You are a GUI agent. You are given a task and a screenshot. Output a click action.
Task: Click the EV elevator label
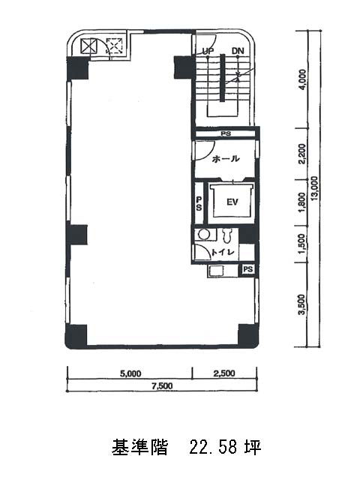[x=232, y=202]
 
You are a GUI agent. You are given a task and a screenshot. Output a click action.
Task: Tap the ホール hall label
[x=226, y=158]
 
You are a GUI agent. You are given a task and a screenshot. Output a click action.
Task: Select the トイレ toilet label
[x=223, y=253]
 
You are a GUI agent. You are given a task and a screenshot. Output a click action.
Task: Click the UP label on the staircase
[x=208, y=51]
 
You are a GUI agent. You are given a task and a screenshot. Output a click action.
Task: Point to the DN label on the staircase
[x=238, y=51]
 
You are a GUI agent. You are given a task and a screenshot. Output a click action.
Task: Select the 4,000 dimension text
[x=302, y=79]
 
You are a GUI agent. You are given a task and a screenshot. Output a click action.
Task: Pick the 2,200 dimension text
[x=302, y=154]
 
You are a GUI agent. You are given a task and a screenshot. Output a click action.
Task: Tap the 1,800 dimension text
[x=302, y=202]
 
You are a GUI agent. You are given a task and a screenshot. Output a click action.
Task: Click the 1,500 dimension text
[x=302, y=244]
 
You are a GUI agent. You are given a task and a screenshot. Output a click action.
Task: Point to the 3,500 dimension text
[x=302, y=304]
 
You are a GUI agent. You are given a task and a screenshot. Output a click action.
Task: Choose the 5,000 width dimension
[x=130, y=373]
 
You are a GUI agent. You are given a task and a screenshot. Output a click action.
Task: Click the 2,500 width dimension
[x=224, y=373]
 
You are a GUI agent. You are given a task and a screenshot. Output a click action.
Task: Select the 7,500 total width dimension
[x=162, y=386]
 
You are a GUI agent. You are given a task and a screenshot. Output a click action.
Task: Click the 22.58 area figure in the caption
[x=213, y=447]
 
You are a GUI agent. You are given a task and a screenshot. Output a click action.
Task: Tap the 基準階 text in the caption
[x=140, y=447]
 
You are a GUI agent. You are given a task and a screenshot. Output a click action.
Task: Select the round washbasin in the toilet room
[x=202, y=235]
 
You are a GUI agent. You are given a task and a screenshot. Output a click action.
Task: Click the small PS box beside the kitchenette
[x=248, y=269]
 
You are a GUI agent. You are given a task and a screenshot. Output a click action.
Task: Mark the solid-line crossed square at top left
[x=89, y=46]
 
